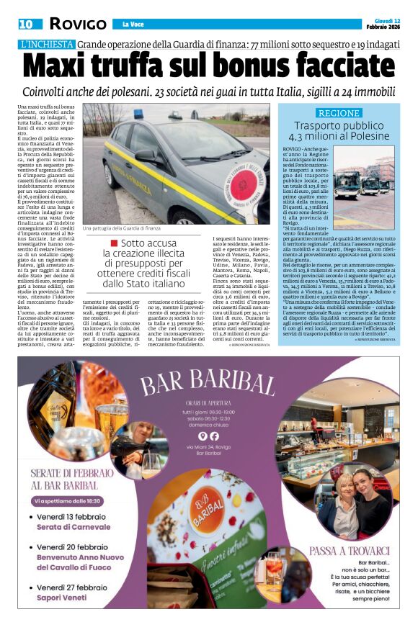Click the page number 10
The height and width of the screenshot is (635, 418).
26,24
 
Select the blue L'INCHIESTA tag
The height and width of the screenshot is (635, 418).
47,44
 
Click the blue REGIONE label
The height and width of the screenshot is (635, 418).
338,113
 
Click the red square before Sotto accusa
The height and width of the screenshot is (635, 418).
114,243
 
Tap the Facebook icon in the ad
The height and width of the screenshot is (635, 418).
214,436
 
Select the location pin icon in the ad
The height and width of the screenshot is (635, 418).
203,436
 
